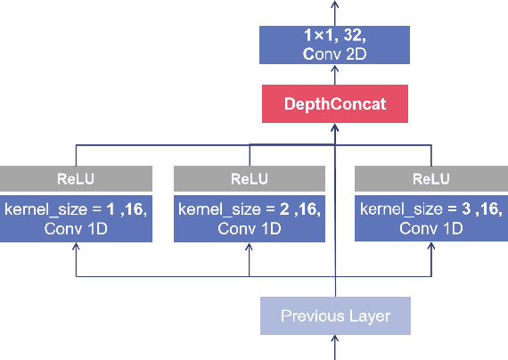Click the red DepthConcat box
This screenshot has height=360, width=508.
coord(335,104)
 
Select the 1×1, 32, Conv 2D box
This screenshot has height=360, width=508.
coord(335,45)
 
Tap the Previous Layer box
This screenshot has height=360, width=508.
coord(335,316)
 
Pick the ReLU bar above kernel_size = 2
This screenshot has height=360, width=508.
coord(250,178)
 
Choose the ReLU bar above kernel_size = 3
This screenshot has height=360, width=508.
coord(431,178)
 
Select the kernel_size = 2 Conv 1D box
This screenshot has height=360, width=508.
coord(250,219)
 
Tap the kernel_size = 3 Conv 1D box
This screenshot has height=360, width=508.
coord(431,219)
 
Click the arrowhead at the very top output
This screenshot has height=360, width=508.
coord(335,4)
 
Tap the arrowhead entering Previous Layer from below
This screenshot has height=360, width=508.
coord(335,340)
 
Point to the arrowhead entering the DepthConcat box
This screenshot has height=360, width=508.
coord(335,127)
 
